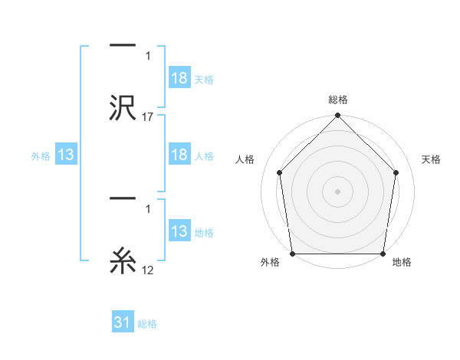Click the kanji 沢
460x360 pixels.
click(123, 106)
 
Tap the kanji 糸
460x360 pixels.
click(123, 261)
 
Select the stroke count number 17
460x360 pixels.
click(147, 117)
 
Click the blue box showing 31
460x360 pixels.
click(123, 322)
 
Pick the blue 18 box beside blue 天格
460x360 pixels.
click(179, 78)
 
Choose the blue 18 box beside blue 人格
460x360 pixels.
click(179, 155)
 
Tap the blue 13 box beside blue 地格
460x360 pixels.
click(179, 231)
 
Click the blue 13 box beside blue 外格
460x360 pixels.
click(66, 155)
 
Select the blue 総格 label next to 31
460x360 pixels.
click(147, 324)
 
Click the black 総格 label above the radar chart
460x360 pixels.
click(337, 100)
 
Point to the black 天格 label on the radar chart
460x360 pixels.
click(432, 159)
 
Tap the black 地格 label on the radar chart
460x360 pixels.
click(402, 263)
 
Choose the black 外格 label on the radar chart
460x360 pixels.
click(270, 263)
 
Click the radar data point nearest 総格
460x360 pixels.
click(337, 116)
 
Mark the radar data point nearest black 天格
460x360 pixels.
click(396, 172)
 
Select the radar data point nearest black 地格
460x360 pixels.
click(383, 254)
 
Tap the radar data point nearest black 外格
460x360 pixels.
click(292, 254)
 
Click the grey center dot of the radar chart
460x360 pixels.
click(337, 191)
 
